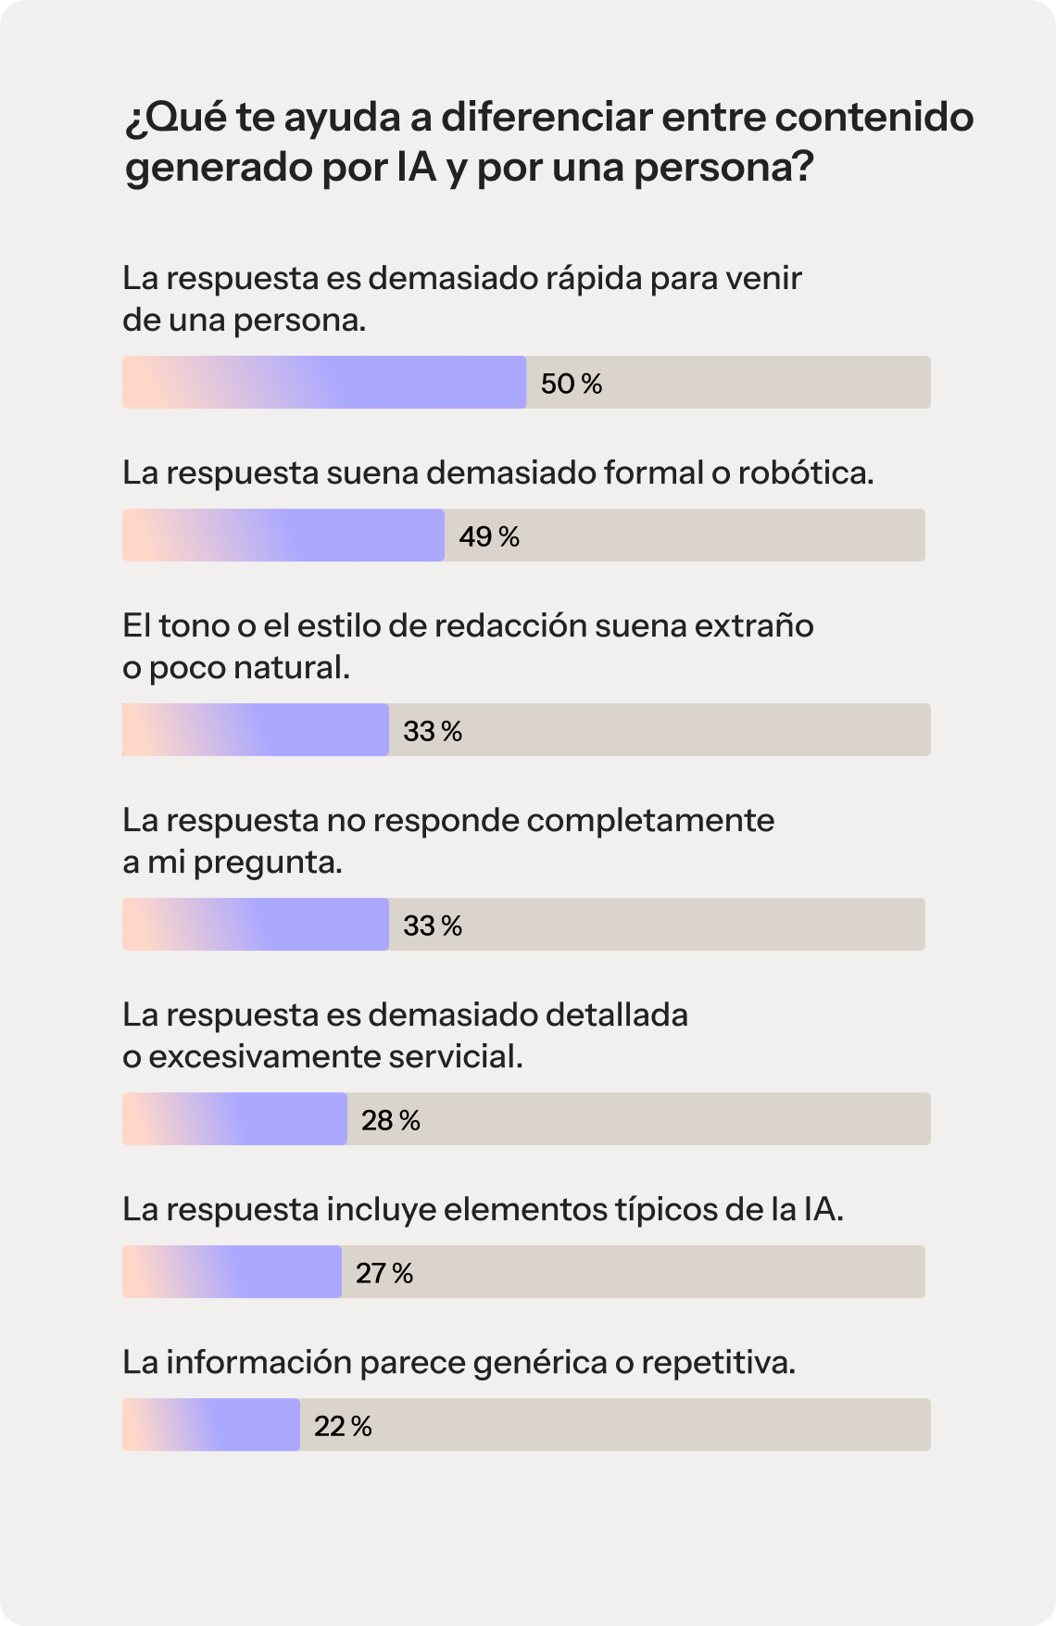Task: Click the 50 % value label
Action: [571, 384]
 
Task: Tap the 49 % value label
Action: [489, 536]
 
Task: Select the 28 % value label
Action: [390, 1120]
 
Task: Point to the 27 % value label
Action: [384, 1273]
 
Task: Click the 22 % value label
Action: [343, 1426]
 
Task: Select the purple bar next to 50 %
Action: [324, 383]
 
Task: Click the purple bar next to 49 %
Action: [283, 536]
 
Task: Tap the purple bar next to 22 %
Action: [211, 1425]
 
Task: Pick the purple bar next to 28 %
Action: [235, 1119]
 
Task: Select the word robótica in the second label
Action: [804, 473]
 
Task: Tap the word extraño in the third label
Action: [754, 625]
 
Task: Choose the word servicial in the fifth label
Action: [454, 1056]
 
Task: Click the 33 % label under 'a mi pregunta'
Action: [432, 926]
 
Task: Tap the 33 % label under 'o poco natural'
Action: [432, 731]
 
